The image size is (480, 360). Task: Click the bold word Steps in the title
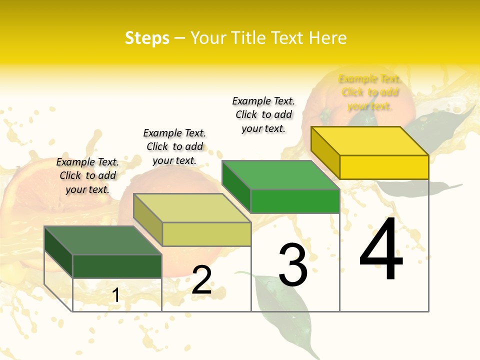point(147,38)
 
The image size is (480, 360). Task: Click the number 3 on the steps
point(293,265)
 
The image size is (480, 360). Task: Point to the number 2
point(202,280)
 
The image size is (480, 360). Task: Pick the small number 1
point(116,295)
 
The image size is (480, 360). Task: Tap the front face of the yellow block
point(384,167)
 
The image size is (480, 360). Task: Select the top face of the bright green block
point(281,175)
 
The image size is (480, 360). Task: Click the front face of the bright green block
point(295,201)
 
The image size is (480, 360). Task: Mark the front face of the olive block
point(206,234)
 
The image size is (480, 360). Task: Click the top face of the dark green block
point(103,240)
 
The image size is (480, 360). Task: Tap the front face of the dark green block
point(117,266)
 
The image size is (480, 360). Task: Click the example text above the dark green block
point(87,175)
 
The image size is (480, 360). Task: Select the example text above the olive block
point(174,146)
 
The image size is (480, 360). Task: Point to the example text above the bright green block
point(263,114)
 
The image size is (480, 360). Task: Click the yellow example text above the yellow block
point(369,92)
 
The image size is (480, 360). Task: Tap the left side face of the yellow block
point(325,152)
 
